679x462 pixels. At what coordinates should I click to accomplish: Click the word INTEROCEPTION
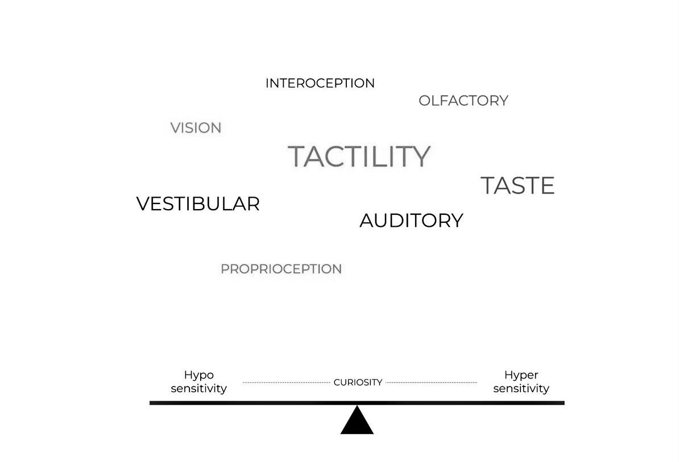[x=320, y=83]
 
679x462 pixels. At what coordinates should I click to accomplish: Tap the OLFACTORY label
[x=463, y=101]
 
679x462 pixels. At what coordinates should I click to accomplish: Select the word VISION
[x=196, y=128]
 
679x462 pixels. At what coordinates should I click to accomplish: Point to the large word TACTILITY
[x=359, y=156]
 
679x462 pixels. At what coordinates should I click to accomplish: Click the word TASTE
[x=517, y=186]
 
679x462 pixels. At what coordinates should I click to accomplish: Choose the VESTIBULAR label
[x=198, y=203]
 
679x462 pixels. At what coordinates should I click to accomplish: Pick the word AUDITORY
[x=411, y=220]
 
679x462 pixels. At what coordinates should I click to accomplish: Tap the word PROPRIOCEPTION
[x=281, y=269]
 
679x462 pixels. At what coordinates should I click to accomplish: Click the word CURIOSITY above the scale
[x=358, y=382]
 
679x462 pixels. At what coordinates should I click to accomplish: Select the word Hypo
[x=198, y=376]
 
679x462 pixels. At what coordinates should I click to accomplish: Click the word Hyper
[x=521, y=376]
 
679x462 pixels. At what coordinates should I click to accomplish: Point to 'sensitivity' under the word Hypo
[x=198, y=389]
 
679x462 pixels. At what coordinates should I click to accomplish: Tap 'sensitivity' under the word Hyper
[x=521, y=389]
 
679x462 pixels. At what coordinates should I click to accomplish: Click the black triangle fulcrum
[x=357, y=422]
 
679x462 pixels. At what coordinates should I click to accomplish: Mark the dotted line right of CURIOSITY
[x=431, y=382]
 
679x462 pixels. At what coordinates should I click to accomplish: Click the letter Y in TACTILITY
[x=421, y=156]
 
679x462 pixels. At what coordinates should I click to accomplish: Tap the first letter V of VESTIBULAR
[x=143, y=203]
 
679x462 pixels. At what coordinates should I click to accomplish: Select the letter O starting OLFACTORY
[x=425, y=101]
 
